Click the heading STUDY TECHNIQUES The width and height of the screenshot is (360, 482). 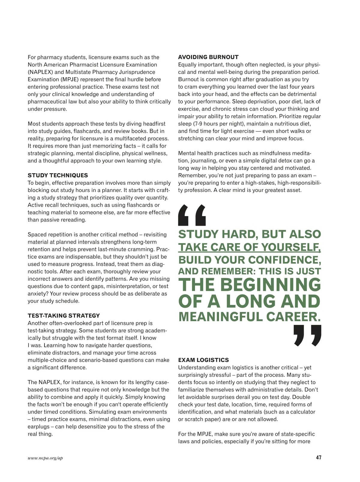pos(58,175)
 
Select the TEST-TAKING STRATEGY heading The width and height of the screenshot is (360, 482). pos(64,315)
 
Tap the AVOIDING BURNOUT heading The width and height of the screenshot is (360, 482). pos(208,57)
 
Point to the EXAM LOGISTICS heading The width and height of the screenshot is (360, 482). pos(203,360)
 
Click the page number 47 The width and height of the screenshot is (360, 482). pos(319,458)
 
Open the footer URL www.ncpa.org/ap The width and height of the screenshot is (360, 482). pos(45,458)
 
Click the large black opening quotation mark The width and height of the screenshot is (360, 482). pos(192,215)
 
